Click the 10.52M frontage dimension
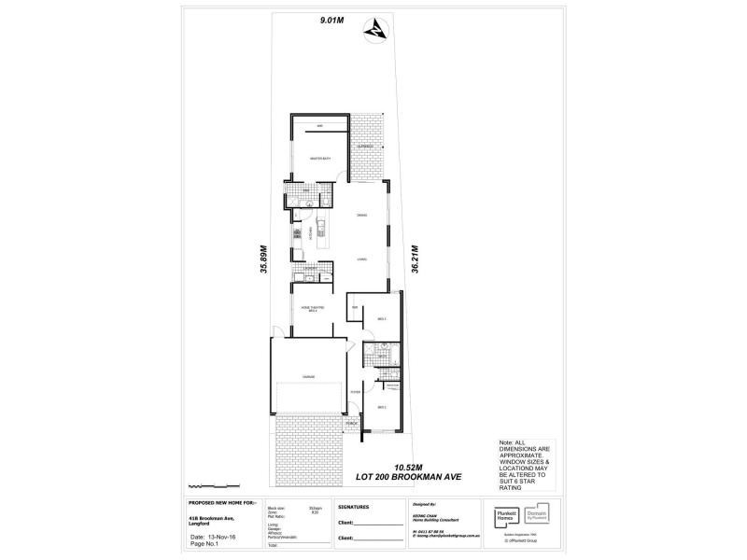(x=408, y=466)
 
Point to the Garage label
(x=307, y=376)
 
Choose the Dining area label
(x=360, y=217)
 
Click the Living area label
(x=360, y=259)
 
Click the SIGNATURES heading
(x=350, y=507)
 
